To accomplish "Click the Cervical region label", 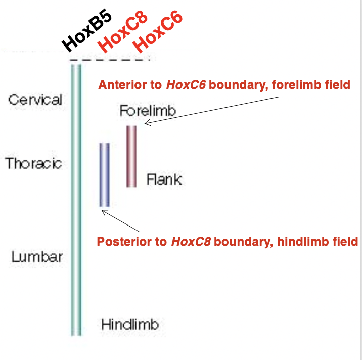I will pos(35,99).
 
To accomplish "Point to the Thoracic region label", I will pos(33,163).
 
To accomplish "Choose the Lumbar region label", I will pos(37,256).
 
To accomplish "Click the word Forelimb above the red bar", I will pos(148,111).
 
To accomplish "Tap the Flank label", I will pos(164,179).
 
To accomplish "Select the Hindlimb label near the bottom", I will pos(130,324).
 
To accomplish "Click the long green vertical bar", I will pos(76,202).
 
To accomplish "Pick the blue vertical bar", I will pos(104,175).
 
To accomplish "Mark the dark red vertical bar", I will pos(131,156).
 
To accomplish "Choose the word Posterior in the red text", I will pos(123,242).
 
